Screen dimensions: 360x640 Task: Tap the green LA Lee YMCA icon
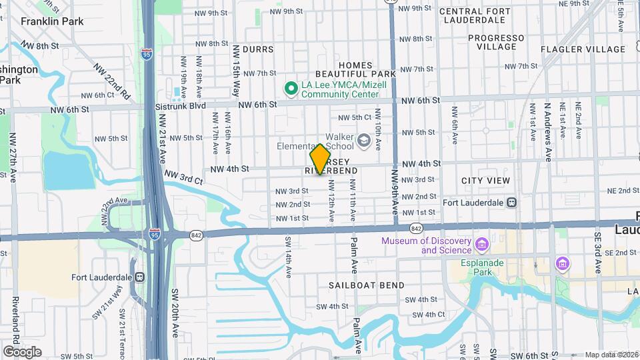point(291,88)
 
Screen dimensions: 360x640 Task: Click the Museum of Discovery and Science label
point(427,245)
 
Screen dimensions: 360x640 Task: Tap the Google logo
point(22,351)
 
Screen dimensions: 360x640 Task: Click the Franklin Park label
point(52,21)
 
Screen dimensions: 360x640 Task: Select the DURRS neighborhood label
point(258,49)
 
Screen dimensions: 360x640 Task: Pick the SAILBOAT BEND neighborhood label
point(366,285)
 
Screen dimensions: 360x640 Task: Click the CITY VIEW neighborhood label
point(485,181)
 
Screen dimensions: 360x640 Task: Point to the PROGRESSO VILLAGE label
point(496,42)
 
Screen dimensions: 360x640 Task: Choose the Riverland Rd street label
point(15,323)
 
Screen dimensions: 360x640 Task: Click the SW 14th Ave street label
point(289,257)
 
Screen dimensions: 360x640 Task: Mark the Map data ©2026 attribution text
point(611,355)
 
